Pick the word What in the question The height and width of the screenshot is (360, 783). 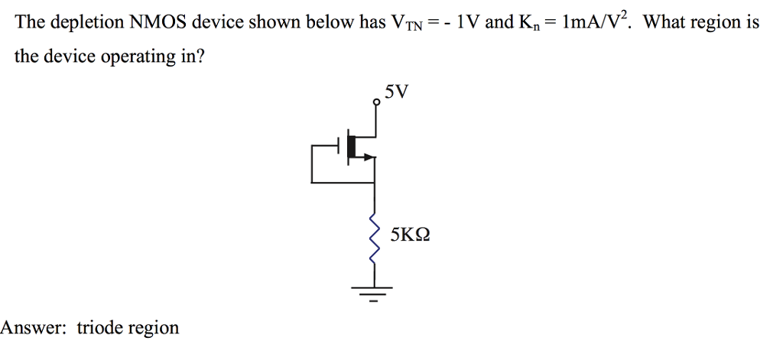point(664,22)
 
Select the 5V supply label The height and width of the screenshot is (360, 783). point(398,92)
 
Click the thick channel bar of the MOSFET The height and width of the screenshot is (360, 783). point(353,146)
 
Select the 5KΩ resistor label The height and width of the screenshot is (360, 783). point(410,234)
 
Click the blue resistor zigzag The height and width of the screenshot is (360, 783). point(375,238)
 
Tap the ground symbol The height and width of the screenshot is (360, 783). point(374,290)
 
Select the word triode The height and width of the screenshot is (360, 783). point(99,328)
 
